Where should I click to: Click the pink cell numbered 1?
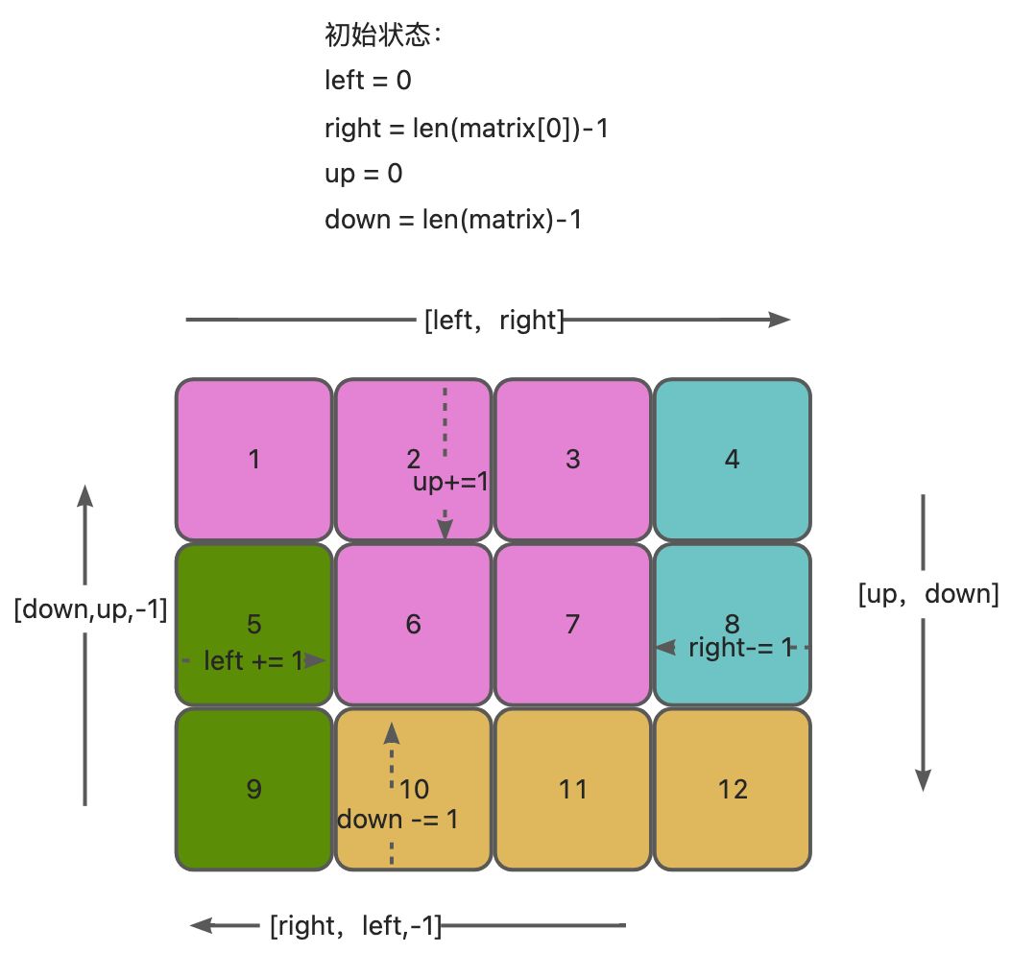253,459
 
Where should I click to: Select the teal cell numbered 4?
732,459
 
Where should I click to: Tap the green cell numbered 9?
253,789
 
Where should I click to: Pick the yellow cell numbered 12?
732,789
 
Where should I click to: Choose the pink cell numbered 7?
572,624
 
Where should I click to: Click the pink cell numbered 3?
572,459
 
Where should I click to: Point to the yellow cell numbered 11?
572,789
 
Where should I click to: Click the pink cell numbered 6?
413,624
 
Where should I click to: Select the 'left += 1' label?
253,660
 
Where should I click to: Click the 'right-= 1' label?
739,648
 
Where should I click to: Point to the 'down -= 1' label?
397,820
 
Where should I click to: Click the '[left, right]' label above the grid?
493,320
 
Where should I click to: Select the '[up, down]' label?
927,594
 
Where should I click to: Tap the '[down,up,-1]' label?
90,609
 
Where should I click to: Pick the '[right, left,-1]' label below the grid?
355,926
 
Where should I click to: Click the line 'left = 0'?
368,81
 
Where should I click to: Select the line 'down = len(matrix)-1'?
453,220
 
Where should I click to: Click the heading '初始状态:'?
382,36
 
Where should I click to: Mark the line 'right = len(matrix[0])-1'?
467,128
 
